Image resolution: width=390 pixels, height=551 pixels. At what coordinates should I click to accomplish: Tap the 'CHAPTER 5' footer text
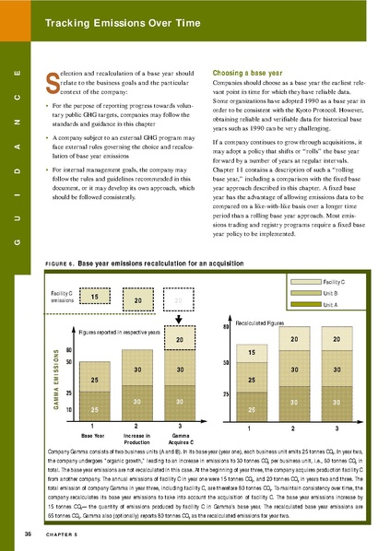[x=64, y=533]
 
